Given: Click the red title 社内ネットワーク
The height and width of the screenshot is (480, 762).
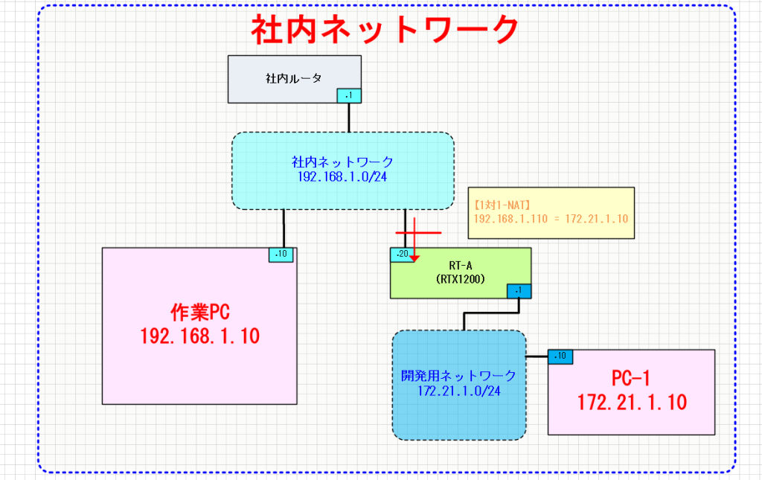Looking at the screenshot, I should pyautogui.click(x=384, y=31).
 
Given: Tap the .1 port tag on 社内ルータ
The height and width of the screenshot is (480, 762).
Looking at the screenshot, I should pyautogui.click(x=349, y=95).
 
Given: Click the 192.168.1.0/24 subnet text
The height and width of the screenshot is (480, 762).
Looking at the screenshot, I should pyautogui.click(x=342, y=178).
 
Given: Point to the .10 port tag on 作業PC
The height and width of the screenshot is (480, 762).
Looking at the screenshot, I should pyautogui.click(x=281, y=255).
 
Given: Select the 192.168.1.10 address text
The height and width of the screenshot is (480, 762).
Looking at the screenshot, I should pyautogui.click(x=199, y=336).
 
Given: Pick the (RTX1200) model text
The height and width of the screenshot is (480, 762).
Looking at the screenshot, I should pyautogui.click(x=461, y=280).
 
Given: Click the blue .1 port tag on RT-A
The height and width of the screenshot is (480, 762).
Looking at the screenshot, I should pyautogui.click(x=519, y=291).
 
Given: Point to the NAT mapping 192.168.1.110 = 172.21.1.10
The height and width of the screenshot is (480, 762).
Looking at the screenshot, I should pyautogui.click(x=551, y=220).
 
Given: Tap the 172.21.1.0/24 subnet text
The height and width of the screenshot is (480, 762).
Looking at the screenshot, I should pyautogui.click(x=458, y=391).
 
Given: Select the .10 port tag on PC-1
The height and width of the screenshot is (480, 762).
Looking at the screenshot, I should pyautogui.click(x=560, y=356).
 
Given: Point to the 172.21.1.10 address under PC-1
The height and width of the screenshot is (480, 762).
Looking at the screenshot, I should pyautogui.click(x=631, y=403).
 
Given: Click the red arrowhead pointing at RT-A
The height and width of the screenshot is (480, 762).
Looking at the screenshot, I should pyautogui.click(x=415, y=258).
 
